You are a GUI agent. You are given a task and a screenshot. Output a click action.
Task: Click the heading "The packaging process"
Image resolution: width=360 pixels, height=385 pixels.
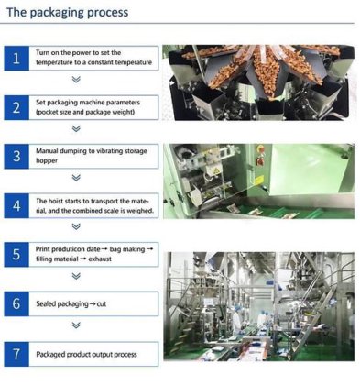[x=68, y=13]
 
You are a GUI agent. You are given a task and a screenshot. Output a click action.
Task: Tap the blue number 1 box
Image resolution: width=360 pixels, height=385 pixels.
[x=16, y=59]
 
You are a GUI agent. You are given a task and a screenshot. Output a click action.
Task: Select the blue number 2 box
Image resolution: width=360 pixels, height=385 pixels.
[x=16, y=107]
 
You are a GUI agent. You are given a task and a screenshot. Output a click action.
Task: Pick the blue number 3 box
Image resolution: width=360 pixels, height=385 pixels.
[x=16, y=157]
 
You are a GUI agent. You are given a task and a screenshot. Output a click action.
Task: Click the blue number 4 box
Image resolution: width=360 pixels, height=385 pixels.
[x=16, y=205]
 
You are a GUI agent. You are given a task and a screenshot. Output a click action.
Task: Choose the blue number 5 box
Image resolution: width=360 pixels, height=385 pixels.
[x=16, y=255]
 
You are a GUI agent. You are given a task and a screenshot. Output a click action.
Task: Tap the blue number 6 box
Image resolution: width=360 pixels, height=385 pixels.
[x=16, y=303]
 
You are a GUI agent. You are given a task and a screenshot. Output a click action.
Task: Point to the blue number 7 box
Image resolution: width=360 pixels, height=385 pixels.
[x=16, y=354]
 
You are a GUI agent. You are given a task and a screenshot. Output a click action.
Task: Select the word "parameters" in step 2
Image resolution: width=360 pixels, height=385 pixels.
[x=122, y=103]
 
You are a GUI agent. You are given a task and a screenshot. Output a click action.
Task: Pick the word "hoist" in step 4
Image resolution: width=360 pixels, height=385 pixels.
[x=55, y=201]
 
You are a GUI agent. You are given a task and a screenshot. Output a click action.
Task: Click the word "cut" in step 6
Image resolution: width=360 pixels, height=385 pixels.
[x=102, y=304]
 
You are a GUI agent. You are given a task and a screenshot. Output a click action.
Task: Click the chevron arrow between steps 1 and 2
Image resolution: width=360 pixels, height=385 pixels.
[x=76, y=80]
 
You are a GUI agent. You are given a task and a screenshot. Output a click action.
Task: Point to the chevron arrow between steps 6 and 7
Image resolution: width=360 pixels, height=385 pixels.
[x=76, y=324]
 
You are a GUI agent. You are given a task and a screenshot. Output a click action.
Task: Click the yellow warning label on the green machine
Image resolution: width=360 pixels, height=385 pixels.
[x=259, y=181]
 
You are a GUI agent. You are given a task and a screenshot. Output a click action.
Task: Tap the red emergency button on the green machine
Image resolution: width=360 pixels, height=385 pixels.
[x=260, y=149]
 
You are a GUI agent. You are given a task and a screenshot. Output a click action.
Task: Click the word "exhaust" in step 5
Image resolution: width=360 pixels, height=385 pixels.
[x=100, y=259]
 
